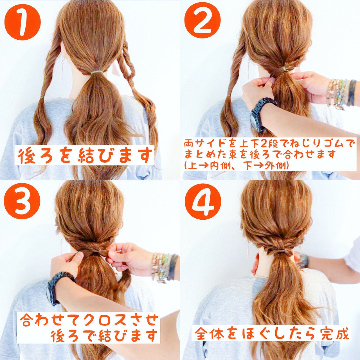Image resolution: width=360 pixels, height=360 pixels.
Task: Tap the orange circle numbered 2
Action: tap(202, 22)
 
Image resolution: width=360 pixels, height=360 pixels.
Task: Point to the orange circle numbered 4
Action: tap(202, 202)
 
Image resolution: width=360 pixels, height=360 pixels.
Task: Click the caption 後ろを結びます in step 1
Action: tap(84, 155)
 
